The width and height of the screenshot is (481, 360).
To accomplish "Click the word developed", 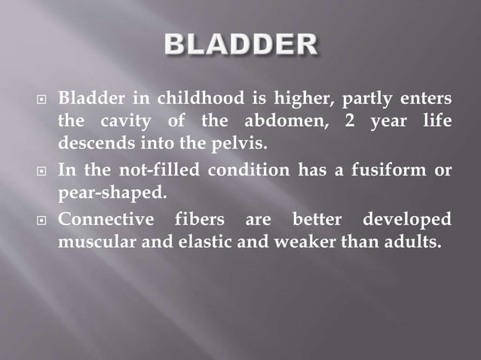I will pyautogui.click(x=408, y=220).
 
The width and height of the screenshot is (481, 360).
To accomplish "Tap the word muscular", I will pyautogui.click(x=94, y=242).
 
